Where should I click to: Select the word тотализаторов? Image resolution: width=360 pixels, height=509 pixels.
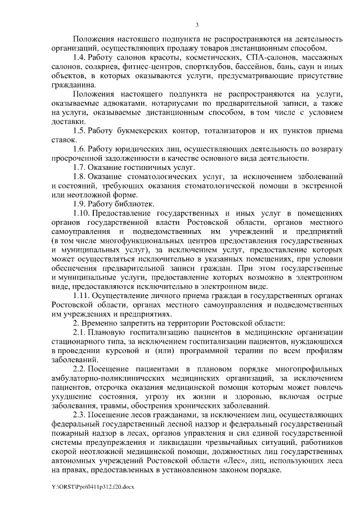(224, 130)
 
